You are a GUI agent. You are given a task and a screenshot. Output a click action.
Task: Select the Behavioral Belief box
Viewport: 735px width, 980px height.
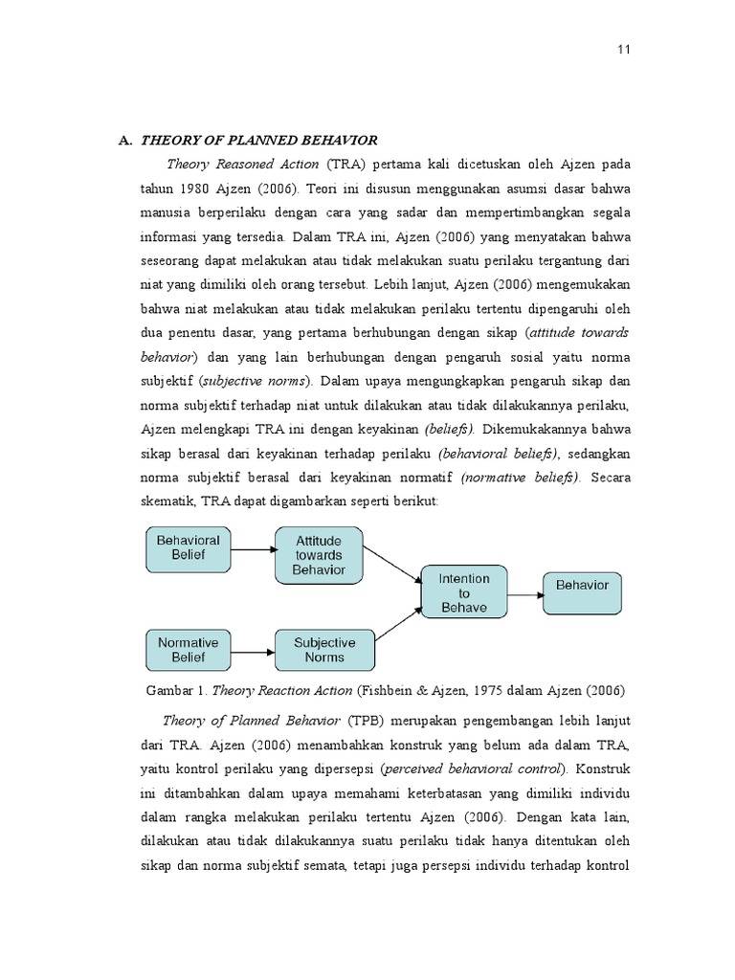(x=189, y=547)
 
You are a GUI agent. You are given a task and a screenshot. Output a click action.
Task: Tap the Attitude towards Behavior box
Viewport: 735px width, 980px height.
(x=320, y=555)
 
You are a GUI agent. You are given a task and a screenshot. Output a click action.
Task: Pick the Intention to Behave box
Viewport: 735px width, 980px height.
(x=464, y=593)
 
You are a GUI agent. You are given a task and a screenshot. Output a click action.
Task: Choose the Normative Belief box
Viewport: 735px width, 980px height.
(x=189, y=650)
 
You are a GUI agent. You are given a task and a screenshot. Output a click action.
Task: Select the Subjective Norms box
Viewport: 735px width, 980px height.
(x=324, y=650)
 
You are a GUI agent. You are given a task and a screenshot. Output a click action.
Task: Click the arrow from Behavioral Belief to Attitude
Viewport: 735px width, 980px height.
(x=253, y=549)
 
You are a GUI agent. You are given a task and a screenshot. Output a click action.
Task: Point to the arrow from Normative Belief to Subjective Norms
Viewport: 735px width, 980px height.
(x=254, y=652)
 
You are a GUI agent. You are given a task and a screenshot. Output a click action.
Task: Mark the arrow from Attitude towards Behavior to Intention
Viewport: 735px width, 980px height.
(x=394, y=565)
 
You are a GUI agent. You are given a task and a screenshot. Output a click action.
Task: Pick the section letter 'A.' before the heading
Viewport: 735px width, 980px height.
(x=124, y=140)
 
